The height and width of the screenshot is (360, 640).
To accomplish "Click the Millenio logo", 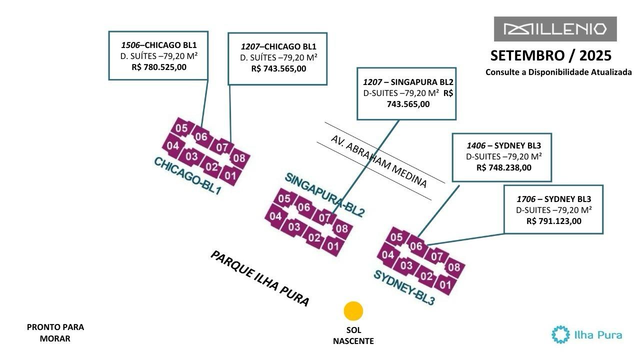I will (555, 29).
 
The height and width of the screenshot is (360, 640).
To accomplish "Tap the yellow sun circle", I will (353, 311).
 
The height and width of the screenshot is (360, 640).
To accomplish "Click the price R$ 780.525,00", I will (159, 66).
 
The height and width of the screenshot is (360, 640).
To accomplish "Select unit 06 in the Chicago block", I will (201, 136).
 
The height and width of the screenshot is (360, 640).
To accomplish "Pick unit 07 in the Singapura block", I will (324, 218).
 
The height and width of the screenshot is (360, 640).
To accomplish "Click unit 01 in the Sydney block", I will (445, 285).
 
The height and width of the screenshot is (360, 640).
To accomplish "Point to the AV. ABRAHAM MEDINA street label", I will (379, 161).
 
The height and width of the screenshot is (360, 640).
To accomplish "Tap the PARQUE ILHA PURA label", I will (260, 278).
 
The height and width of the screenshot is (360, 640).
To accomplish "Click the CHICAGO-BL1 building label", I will (187, 176).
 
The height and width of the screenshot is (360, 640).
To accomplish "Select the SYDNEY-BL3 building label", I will (404, 287).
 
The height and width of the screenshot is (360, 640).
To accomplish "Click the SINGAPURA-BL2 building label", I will (325, 194).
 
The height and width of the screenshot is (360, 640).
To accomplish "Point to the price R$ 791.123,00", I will (554, 221).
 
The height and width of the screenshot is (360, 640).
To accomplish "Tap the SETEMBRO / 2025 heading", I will (550, 55).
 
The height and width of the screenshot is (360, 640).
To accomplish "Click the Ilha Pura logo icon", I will (560, 334).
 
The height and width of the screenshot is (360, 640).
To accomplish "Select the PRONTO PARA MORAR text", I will (55, 333).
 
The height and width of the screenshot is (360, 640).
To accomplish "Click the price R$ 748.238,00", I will (504, 167).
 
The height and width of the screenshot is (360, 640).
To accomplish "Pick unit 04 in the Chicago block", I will (173, 146).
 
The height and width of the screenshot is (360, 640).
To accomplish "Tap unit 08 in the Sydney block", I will (453, 267).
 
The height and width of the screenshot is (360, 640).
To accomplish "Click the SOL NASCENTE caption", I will (353, 336).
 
